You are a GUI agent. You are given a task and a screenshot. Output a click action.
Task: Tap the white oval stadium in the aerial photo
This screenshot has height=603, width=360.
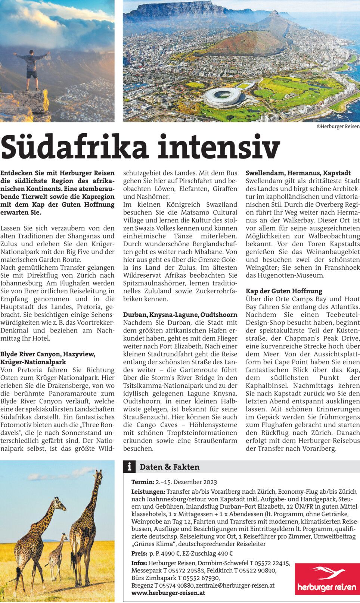223,96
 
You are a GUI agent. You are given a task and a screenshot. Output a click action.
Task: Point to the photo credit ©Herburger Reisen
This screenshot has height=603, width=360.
338,126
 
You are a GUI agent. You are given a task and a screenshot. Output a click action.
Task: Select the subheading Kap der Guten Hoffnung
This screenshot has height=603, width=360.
284,291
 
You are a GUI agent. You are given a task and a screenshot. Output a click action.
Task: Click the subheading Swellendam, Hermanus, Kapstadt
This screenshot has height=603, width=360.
298,173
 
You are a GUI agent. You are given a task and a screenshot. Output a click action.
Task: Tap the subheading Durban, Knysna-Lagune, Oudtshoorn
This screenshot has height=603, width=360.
180,315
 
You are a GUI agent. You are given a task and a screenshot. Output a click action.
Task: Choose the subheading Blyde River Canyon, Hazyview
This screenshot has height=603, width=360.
48,354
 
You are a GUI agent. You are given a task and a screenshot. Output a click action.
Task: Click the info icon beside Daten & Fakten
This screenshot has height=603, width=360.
129,466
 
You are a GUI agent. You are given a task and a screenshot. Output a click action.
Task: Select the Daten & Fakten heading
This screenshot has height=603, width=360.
169,467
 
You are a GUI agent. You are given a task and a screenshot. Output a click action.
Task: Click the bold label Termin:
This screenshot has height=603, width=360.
143,482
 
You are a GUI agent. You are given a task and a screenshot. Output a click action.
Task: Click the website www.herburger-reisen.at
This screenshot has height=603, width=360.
168,593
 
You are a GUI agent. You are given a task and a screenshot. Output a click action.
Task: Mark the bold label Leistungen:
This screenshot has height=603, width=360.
148,492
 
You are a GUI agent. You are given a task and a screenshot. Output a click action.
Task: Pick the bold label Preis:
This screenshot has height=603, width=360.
139,554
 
